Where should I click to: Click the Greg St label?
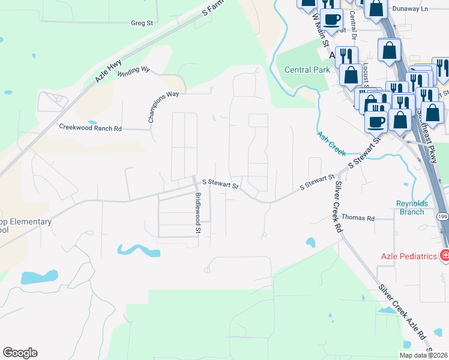click(x=142, y=23)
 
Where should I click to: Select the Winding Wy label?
click(x=133, y=71)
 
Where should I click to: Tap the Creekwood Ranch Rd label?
click(x=90, y=128)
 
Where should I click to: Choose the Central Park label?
click(x=307, y=70)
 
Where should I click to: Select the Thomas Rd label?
click(x=358, y=218)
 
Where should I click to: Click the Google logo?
click(x=20, y=353)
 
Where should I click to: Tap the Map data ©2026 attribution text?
click(x=423, y=355)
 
